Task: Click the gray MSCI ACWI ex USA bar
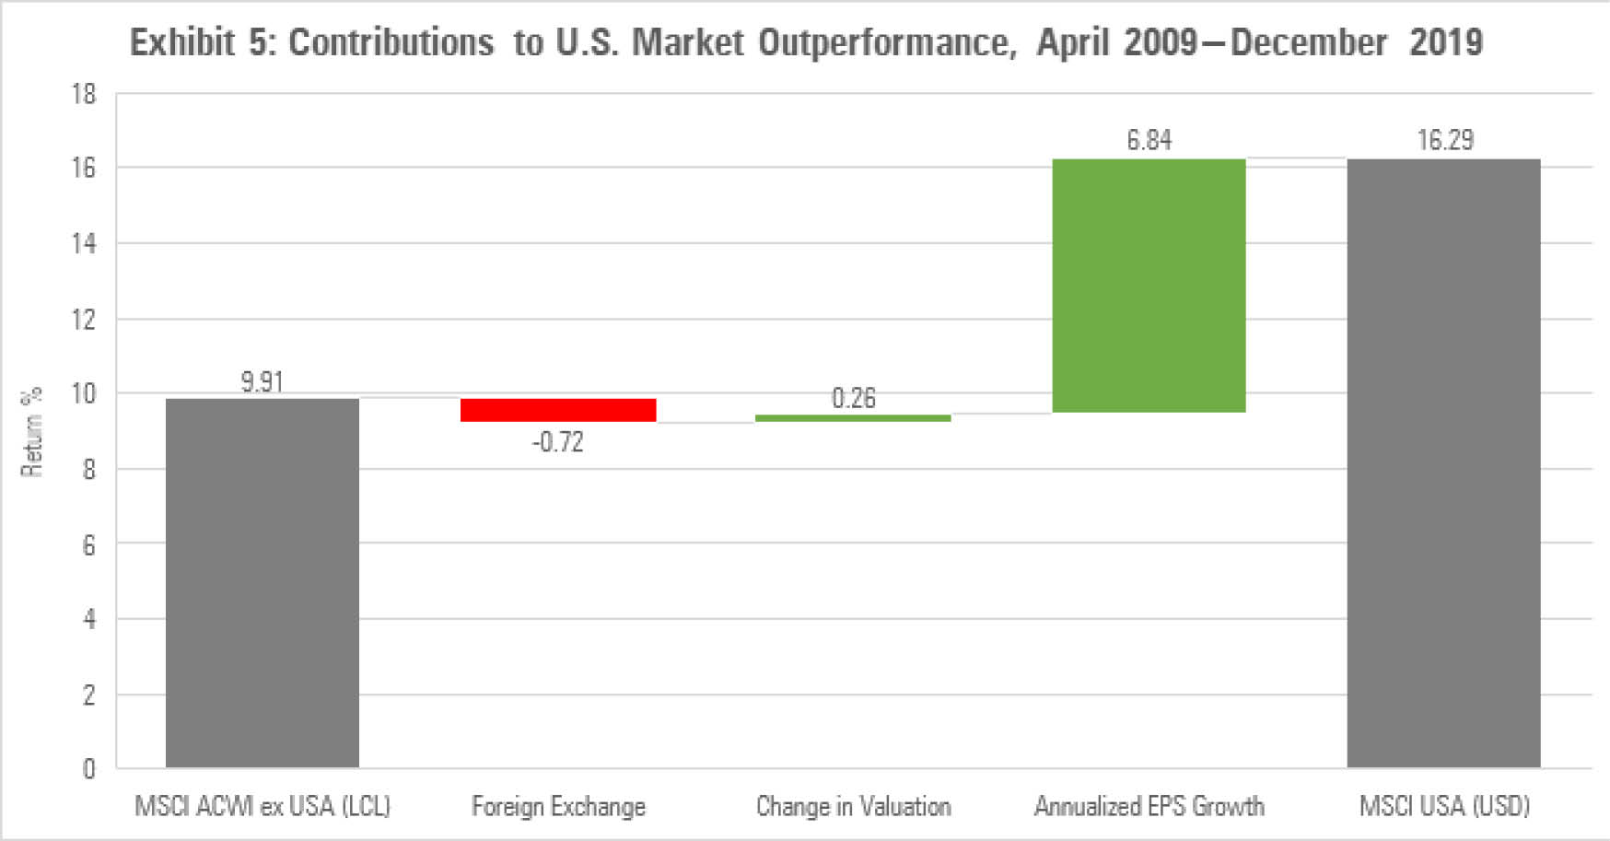pos(262,582)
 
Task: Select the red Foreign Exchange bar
pos(558,410)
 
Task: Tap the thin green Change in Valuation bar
pos(853,418)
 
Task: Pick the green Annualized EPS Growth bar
pos(1149,286)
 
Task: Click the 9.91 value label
pos(262,381)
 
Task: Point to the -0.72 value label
pos(558,442)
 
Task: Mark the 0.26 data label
pos(853,398)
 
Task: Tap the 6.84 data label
pos(1149,140)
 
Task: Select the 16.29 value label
pos(1444,140)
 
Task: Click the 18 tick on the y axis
pos(84,94)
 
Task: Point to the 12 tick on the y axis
pos(84,320)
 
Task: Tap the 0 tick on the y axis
pos(89,768)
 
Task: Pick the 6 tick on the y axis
pos(89,544)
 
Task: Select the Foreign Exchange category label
pos(558,807)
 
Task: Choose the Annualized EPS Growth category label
pos(1149,807)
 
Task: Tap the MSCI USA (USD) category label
pos(1444,807)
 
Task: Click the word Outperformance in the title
pos(887,42)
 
